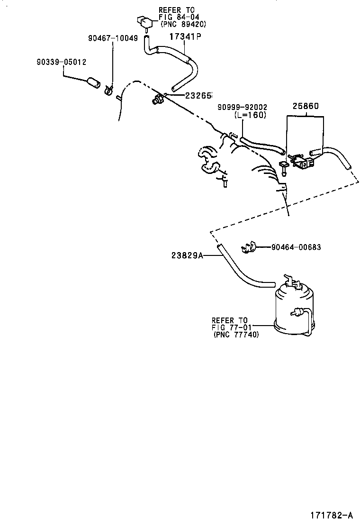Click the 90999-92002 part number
tap(242, 108)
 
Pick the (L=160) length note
tap(250, 115)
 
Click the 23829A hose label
tap(188, 255)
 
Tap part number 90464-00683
tap(297, 247)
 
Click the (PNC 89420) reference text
tap(183, 24)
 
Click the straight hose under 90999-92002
tap(262, 145)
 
